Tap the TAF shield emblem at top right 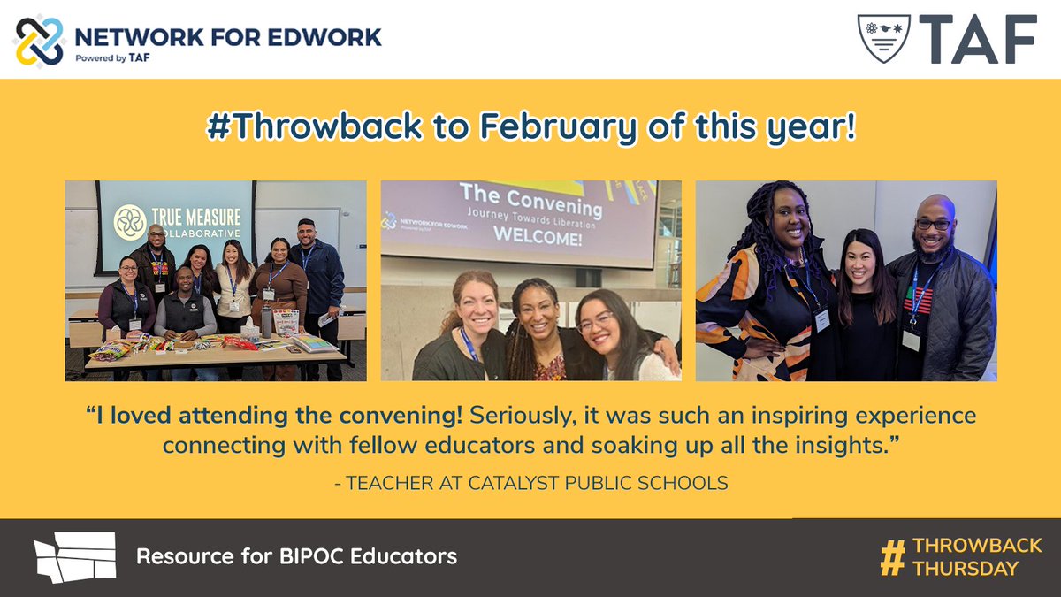883,38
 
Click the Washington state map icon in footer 75,556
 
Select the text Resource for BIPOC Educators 296,556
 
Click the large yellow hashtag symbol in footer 893,556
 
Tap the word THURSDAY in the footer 966,568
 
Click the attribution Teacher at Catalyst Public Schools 530,483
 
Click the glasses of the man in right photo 933,224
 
